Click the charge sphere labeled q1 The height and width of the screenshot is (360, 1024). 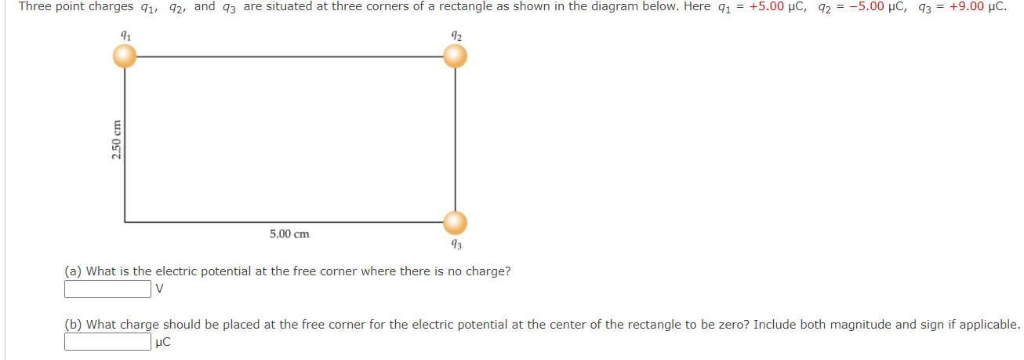coord(124,56)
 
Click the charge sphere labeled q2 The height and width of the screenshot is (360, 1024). coord(455,56)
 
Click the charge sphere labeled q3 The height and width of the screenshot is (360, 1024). coord(455,223)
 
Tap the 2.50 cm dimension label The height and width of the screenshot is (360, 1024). coord(117,140)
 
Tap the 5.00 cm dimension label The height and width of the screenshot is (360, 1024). coord(289,234)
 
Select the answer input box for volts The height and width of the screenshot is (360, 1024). coord(107,289)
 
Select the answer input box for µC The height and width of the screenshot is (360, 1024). coord(107,342)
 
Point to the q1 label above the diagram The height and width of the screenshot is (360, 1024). coord(124,35)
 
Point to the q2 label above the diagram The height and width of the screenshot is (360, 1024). coord(456,35)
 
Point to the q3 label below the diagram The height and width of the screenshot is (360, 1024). coord(456,245)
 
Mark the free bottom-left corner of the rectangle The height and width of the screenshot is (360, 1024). coord(125,222)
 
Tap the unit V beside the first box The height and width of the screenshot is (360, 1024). coord(160,289)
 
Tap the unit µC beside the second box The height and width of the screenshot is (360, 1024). coord(163,342)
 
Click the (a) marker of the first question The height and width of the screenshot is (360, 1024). coord(73,271)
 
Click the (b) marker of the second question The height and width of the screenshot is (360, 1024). coord(73,324)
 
